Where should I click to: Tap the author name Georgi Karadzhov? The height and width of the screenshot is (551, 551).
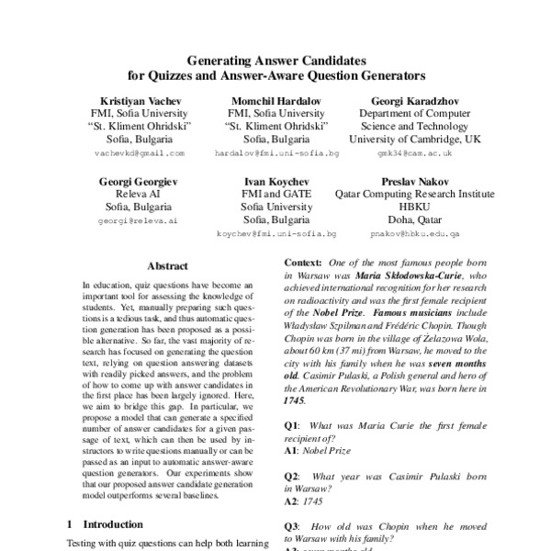tap(408, 98)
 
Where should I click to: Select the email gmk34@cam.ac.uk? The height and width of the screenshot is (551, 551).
tap(408, 154)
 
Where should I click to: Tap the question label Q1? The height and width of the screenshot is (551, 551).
tap(292, 426)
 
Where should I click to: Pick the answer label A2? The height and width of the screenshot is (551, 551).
tap(292, 504)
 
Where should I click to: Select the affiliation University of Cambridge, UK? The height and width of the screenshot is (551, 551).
tap(408, 140)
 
